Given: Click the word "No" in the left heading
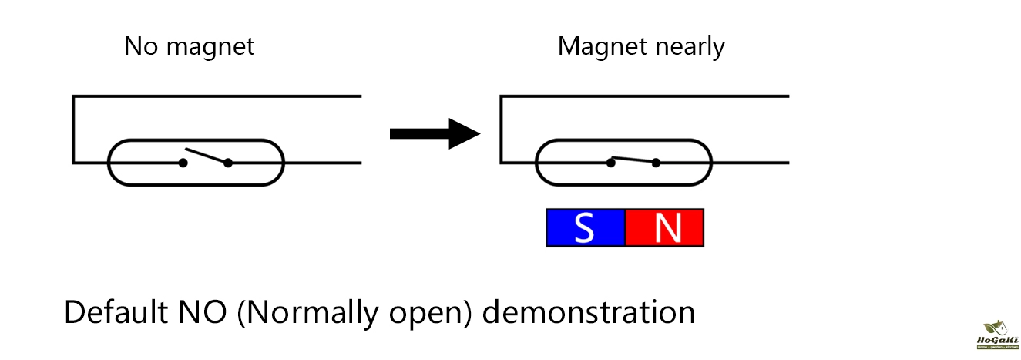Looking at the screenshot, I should pos(141,47).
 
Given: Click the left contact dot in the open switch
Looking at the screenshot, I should pos(183,163).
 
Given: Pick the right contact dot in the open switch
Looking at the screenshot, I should pos(228,163).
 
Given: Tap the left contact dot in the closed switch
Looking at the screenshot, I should pos(610,163).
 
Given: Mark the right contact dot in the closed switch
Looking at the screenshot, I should pos(656,163).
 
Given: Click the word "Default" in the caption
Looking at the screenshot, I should pos(115,314).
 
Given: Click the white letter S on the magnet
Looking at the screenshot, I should pos(585,228).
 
